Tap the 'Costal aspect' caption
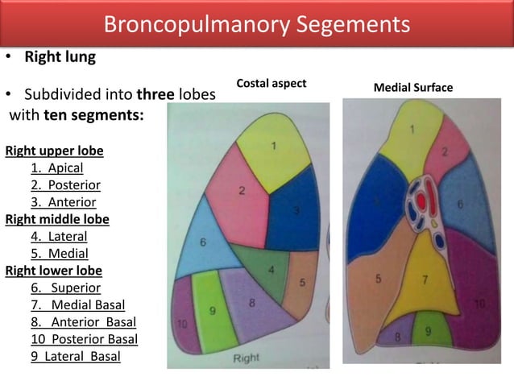point(272,84)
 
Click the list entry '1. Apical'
point(56,168)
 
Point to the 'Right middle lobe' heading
point(57,219)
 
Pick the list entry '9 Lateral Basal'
point(76,355)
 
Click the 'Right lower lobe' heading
point(54,270)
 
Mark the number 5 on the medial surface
point(378,279)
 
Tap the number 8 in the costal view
point(252,304)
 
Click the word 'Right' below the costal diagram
point(247,357)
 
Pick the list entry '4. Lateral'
point(59,236)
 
